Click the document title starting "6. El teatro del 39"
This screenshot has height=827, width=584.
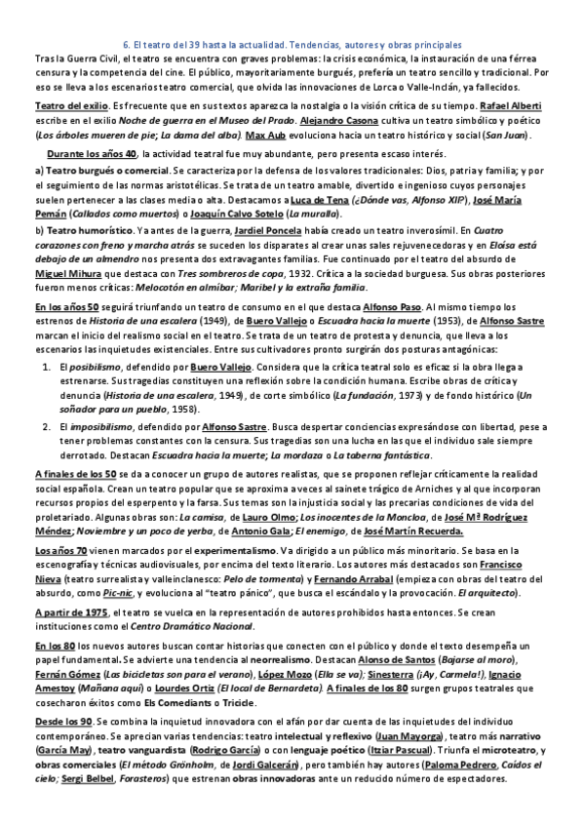292,45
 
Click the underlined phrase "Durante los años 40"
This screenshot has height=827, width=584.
91,154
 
